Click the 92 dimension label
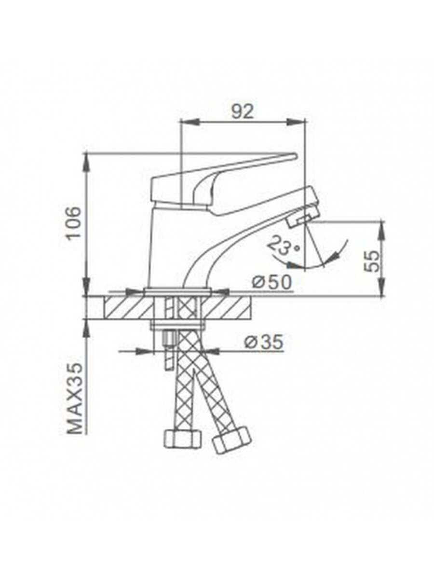(242, 111)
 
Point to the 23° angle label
(283, 245)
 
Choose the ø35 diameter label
(264, 343)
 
